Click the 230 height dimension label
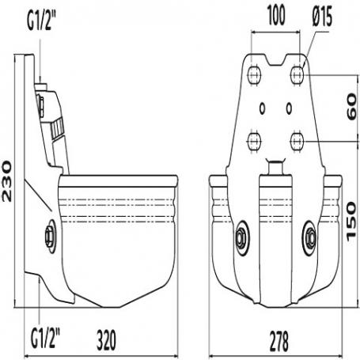(x=7, y=181)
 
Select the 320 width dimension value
(x=106, y=340)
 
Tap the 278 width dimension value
(x=279, y=341)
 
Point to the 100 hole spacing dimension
(x=276, y=16)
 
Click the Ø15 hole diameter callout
(x=322, y=17)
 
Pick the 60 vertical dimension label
(x=352, y=108)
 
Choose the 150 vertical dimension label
(x=351, y=222)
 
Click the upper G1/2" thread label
(x=42, y=21)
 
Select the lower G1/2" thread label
(x=45, y=338)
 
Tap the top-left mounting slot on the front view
(x=254, y=75)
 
